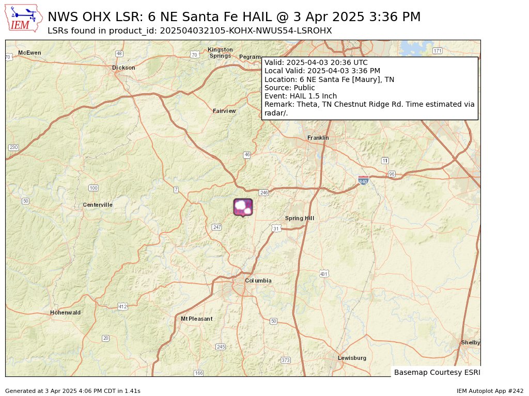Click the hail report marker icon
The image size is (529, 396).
[x=243, y=207]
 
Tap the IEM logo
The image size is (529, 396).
[x=24, y=19]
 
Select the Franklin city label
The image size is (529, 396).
[x=318, y=138]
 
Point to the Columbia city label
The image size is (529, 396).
[x=258, y=280]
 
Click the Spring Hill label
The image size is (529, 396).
[x=299, y=218]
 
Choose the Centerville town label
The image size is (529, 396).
[x=98, y=205]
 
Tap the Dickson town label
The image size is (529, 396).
[x=123, y=68]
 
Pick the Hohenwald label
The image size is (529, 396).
[x=65, y=312]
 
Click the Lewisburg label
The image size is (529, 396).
[x=352, y=358]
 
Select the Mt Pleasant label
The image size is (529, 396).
[x=196, y=319]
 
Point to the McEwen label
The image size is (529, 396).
[x=29, y=53]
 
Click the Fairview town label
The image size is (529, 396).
[x=224, y=111]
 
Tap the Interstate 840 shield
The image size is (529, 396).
[x=363, y=180]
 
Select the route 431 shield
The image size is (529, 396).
[x=323, y=273]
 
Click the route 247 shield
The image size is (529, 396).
[x=216, y=227]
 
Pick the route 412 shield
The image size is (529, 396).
[x=122, y=306]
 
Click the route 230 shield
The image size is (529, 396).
[x=13, y=147]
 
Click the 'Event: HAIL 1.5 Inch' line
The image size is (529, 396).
[x=300, y=96]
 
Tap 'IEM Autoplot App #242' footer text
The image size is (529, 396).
[x=490, y=391]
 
